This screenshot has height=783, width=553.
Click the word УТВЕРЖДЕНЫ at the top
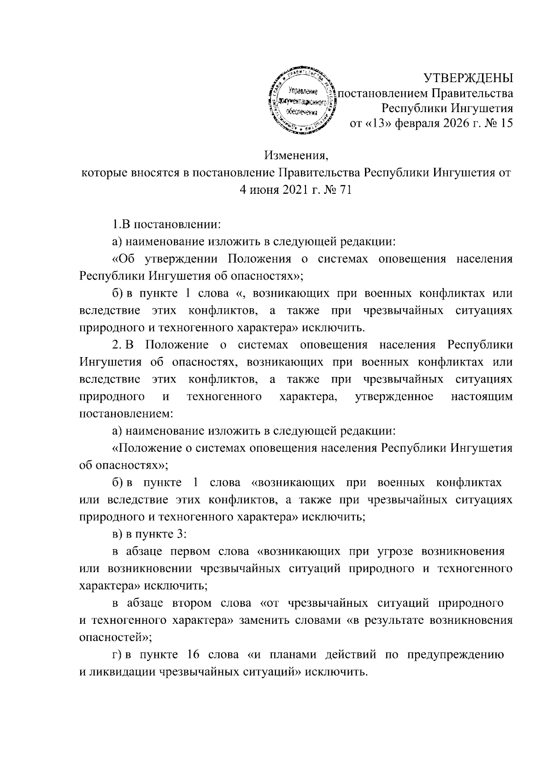[468, 78]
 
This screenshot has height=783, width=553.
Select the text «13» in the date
[369, 123]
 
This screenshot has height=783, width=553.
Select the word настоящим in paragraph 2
[482, 396]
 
